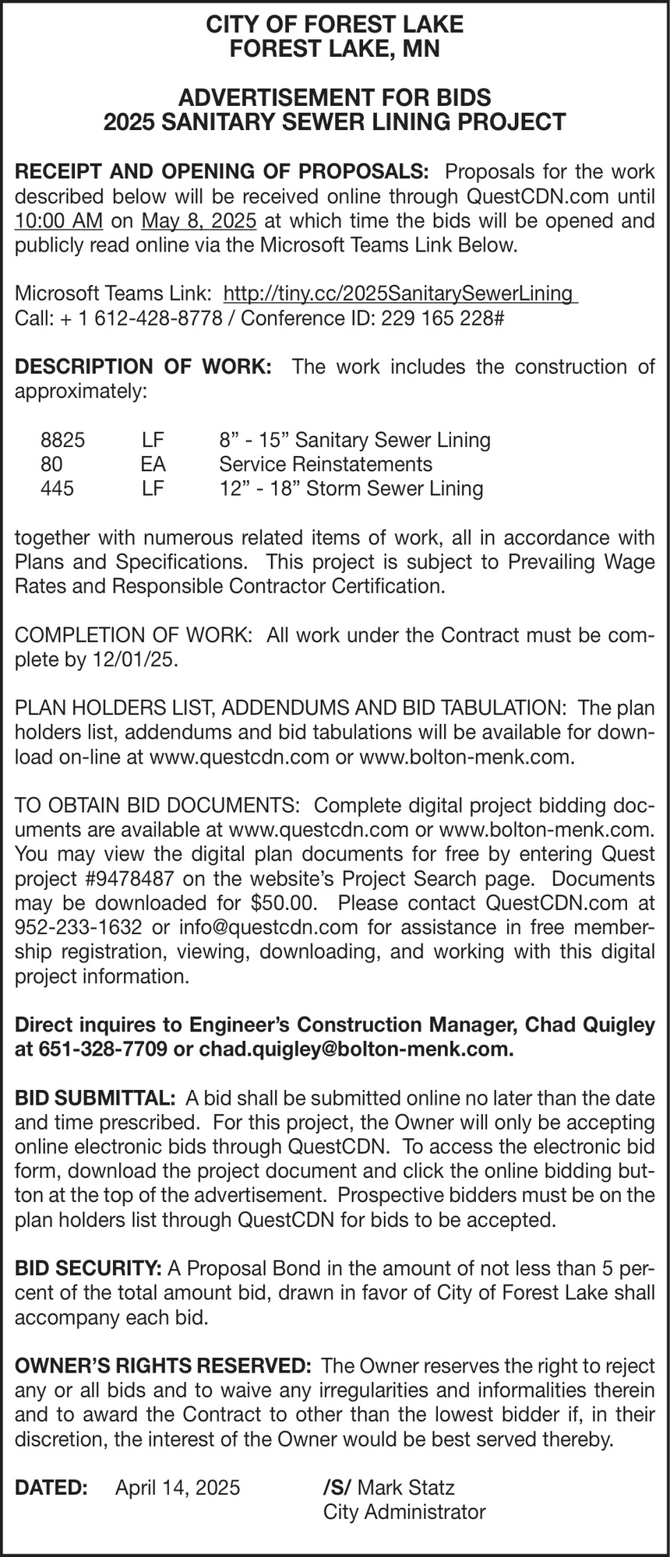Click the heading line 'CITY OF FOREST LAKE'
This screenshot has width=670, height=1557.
(334, 25)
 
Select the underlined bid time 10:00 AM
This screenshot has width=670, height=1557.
(58, 220)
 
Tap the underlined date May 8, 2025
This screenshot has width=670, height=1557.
(199, 220)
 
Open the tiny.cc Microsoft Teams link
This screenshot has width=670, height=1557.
(399, 293)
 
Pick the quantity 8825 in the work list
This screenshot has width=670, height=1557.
(62, 440)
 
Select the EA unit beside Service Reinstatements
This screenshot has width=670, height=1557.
(153, 465)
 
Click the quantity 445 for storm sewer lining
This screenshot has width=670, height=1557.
(57, 489)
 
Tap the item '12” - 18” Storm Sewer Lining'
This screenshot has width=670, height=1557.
(351, 489)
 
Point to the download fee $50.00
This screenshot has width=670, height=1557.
(287, 903)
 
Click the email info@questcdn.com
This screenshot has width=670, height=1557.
(268, 927)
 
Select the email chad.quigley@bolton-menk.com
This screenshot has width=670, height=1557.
(356, 1049)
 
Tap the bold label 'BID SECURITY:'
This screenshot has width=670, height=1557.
(88, 1267)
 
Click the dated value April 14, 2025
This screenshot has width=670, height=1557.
(178, 1487)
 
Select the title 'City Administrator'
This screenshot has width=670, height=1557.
(404, 1512)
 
